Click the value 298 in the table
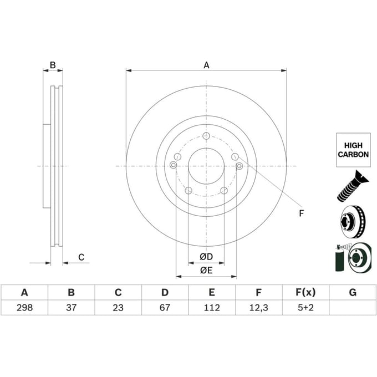24,308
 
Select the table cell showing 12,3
258,308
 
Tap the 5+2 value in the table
305,308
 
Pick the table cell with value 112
212,308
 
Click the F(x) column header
305,292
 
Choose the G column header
353,292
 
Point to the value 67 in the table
165,308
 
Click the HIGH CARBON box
353,150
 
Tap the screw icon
352,186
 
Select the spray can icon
339,258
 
